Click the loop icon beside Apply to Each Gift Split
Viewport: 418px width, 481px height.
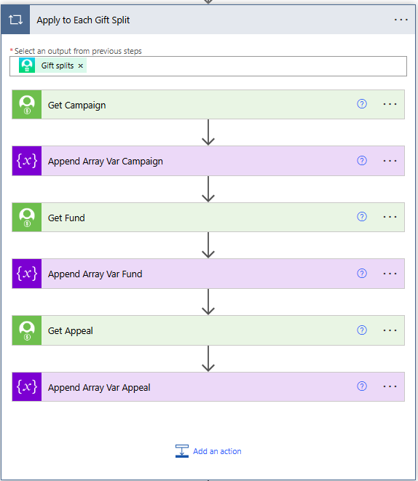[15, 20]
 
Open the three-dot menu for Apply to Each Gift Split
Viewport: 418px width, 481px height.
[401, 20]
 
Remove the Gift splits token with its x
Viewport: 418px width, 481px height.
[80, 66]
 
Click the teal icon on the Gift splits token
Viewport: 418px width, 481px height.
[27, 65]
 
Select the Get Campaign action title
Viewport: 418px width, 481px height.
[76, 106]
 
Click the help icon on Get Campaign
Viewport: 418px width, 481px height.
[362, 104]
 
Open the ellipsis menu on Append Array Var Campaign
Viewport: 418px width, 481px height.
[390, 161]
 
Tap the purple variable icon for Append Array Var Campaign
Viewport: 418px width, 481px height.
[27, 161]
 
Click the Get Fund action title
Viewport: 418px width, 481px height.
[66, 218]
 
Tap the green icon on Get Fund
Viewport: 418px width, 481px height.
[27, 217]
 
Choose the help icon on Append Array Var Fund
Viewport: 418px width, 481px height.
[362, 274]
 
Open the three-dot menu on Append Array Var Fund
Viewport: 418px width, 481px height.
[390, 274]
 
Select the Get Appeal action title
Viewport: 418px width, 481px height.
[71, 331]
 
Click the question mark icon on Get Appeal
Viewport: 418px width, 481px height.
[362, 330]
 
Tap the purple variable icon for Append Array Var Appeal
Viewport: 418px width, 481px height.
[27, 387]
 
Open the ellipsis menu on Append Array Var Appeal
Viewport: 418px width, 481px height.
[390, 386]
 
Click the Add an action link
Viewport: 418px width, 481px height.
[217, 451]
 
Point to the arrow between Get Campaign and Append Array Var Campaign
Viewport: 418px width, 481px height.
[208, 132]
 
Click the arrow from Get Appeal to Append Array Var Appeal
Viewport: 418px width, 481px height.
[208, 359]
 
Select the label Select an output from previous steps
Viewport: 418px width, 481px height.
[78, 51]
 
